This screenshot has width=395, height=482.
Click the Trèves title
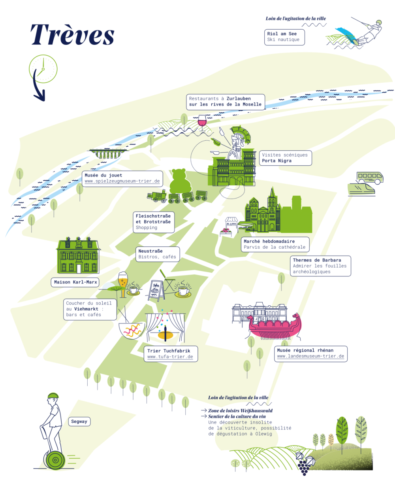[72, 35]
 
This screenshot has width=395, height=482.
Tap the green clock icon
[43, 69]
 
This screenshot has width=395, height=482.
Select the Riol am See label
[284, 37]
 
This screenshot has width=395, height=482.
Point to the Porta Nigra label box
[285, 158]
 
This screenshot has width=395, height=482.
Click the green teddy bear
[180, 181]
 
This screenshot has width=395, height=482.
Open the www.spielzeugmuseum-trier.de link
[122, 181]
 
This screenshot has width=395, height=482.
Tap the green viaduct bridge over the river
[108, 153]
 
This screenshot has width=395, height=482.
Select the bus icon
[370, 178]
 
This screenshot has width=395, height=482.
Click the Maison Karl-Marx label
[75, 282]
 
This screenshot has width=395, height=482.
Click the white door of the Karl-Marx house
[79, 269]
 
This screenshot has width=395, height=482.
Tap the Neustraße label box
[158, 254]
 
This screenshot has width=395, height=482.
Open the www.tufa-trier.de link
[170, 357]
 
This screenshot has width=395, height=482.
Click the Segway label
[79, 422]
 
